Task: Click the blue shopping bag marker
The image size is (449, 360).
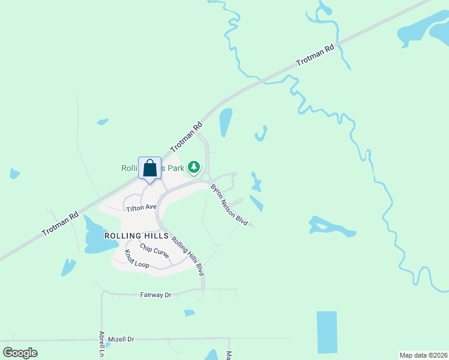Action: tap(149, 168)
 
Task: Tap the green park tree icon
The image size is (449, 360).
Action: tap(193, 167)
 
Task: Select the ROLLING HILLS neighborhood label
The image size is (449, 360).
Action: tap(136, 236)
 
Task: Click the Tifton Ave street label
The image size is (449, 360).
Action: tap(141, 208)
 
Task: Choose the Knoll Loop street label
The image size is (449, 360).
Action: tap(137, 259)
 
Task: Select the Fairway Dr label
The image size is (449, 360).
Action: tap(155, 295)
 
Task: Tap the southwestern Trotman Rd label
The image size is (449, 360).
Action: tap(60, 223)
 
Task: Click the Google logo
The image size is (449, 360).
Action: tap(20, 353)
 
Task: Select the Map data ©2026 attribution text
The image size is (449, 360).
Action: tap(423, 355)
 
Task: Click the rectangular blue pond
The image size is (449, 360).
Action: tap(327, 332)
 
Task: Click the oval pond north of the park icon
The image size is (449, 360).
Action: tap(226, 122)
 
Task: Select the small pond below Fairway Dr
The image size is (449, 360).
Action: tap(190, 313)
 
